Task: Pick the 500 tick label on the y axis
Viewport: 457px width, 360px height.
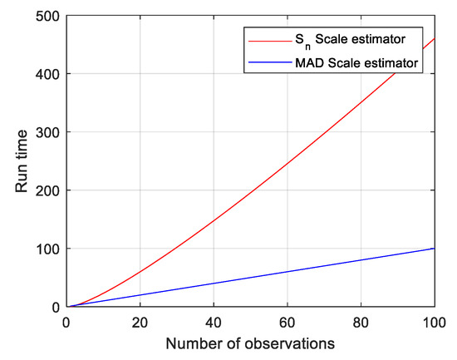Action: [48, 16]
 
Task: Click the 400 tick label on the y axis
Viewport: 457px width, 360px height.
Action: [48, 74]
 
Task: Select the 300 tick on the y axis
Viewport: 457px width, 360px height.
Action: [48, 132]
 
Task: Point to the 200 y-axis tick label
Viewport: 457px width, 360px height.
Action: [48, 190]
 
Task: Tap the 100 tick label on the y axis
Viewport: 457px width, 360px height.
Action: [48, 249]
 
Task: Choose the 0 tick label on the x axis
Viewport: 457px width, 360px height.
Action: [66, 322]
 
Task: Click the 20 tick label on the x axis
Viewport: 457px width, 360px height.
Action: [140, 322]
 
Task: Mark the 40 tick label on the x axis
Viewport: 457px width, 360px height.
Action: [214, 322]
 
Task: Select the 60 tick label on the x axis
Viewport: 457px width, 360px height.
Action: [287, 322]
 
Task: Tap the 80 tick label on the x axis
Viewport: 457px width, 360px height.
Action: [361, 322]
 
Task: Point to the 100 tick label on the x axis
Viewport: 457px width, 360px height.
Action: [433, 322]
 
